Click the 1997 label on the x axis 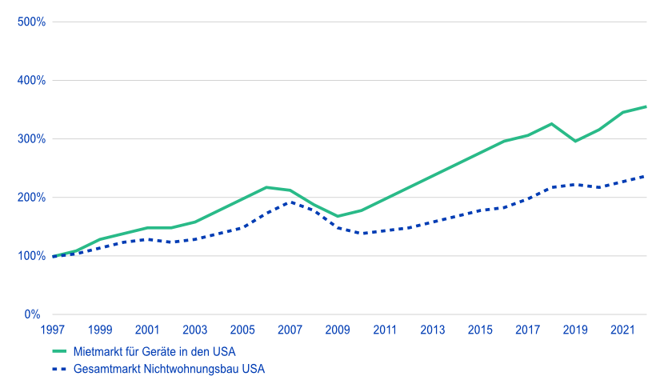(53, 330)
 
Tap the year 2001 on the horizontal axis (147, 330)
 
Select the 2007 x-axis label (290, 330)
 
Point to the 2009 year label (338, 330)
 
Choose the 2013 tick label (433, 330)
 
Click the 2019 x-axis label (575, 330)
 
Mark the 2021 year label (622, 330)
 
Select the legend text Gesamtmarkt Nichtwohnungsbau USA (169, 369)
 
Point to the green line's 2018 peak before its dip (551, 124)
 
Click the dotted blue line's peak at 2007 (290, 201)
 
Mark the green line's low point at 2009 (338, 216)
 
